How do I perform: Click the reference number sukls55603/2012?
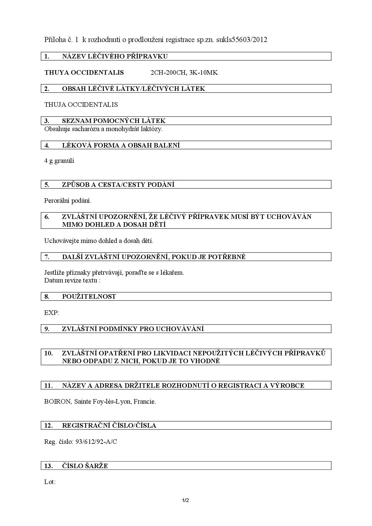point(241,40)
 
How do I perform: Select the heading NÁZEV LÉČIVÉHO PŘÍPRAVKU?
point(115,56)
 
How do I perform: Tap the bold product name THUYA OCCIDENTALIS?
point(84,73)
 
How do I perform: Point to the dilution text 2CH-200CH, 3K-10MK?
point(184,73)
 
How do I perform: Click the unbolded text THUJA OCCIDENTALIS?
point(81,105)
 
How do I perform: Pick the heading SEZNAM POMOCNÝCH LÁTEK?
point(114,121)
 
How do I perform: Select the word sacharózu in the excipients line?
point(86,129)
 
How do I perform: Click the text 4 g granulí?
point(59,161)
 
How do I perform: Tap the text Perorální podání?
point(68,201)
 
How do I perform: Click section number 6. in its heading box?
point(47,217)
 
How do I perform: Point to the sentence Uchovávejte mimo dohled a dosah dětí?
point(99,241)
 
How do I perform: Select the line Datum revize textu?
point(72,280)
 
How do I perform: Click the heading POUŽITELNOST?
point(89,297)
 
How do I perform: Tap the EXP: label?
point(52,313)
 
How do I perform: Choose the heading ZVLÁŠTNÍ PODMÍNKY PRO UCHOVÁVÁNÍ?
point(133,329)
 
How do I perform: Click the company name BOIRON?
point(57,402)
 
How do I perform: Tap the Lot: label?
point(50,482)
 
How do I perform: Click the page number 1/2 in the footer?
point(185,500)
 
